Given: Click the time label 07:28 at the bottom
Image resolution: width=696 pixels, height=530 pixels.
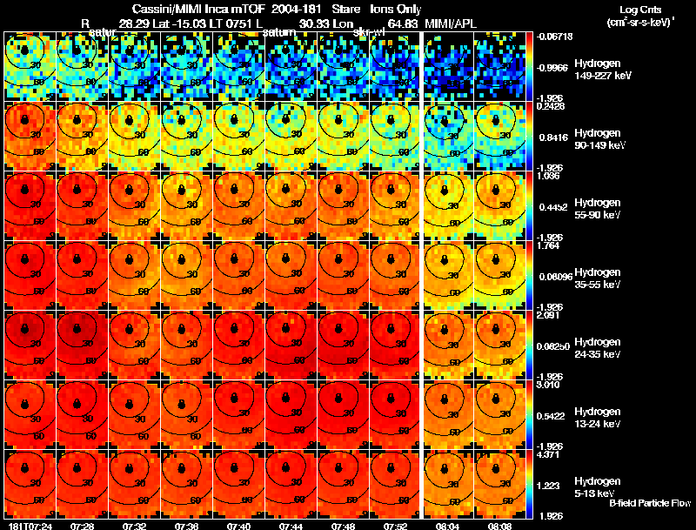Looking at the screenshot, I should pyautogui.click(x=83, y=525).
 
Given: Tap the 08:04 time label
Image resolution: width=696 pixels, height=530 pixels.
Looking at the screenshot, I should pyautogui.click(x=449, y=525).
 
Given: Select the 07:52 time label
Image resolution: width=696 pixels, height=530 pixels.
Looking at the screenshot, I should pyautogui.click(x=396, y=525).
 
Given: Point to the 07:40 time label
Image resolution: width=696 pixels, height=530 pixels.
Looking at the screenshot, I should pyautogui.click(x=239, y=525).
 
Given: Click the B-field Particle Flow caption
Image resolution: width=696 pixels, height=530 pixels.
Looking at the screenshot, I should pyautogui.click(x=650, y=503).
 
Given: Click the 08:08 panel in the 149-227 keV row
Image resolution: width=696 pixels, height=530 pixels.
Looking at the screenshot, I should pyautogui.click(x=501, y=67).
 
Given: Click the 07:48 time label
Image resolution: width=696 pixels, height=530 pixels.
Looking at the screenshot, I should pyautogui.click(x=344, y=525).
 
